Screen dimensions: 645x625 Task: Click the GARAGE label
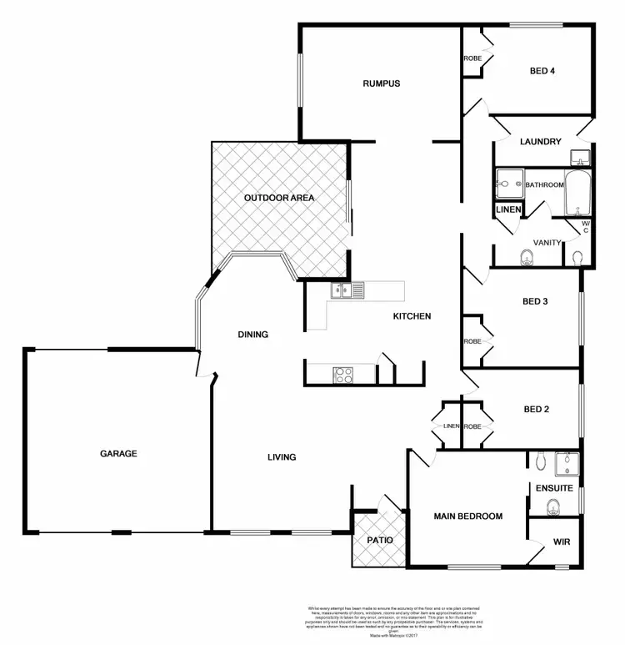pos(118,454)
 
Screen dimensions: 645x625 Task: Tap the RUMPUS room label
pos(382,83)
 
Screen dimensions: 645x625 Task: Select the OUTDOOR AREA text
pos(278,198)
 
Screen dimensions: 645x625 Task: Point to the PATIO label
pos(379,540)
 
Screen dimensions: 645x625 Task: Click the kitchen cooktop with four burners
pos(344,375)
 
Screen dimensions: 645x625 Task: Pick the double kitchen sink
pos(347,291)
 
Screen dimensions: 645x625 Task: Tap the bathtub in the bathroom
pos(577,195)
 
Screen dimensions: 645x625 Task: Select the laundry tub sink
pos(580,156)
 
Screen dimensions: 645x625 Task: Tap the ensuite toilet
pos(552,506)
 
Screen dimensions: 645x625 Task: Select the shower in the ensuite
pos(567,463)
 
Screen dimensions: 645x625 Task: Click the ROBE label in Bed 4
pos(472,58)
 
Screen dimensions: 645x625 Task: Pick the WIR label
pos(561,542)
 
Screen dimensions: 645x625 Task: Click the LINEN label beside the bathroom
pos(507,209)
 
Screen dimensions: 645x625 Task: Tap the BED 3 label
pos(533,301)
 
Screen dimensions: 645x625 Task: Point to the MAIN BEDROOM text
pos(468,517)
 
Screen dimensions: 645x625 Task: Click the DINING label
pos(252,335)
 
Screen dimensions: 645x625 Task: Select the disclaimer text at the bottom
pos(383,622)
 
